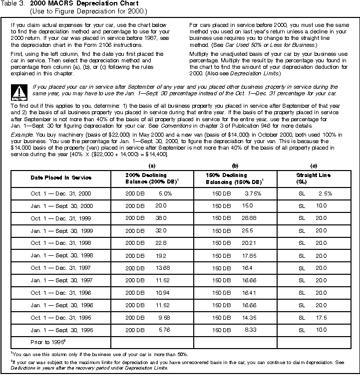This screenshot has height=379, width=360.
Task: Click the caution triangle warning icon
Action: pos(19,91)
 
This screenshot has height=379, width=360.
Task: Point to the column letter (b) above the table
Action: pos(234,165)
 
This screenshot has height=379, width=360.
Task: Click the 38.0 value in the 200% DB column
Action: pos(161,218)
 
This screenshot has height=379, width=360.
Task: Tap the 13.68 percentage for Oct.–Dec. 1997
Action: pos(162,268)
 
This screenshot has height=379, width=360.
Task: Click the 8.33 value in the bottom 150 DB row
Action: pos(250,330)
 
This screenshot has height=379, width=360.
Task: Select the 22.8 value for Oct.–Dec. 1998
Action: pos(161,243)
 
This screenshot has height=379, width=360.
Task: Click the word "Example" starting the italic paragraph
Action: pos(19,135)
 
